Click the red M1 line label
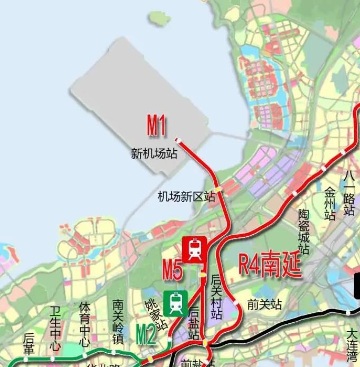[x=156, y=127]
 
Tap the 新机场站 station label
[x=154, y=154]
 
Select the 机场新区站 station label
[x=186, y=197]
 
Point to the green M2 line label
[x=146, y=334]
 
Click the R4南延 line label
[x=270, y=265]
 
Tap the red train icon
[x=194, y=249]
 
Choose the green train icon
[x=176, y=304]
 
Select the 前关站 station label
[x=264, y=305]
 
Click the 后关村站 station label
[x=216, y=296]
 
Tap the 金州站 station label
[x=330, y=203]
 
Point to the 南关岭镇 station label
[x=118, y=322]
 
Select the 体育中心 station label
[x=84, y=323]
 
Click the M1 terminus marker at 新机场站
[x=178, y=140]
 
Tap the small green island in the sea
[x=159, y=18]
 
